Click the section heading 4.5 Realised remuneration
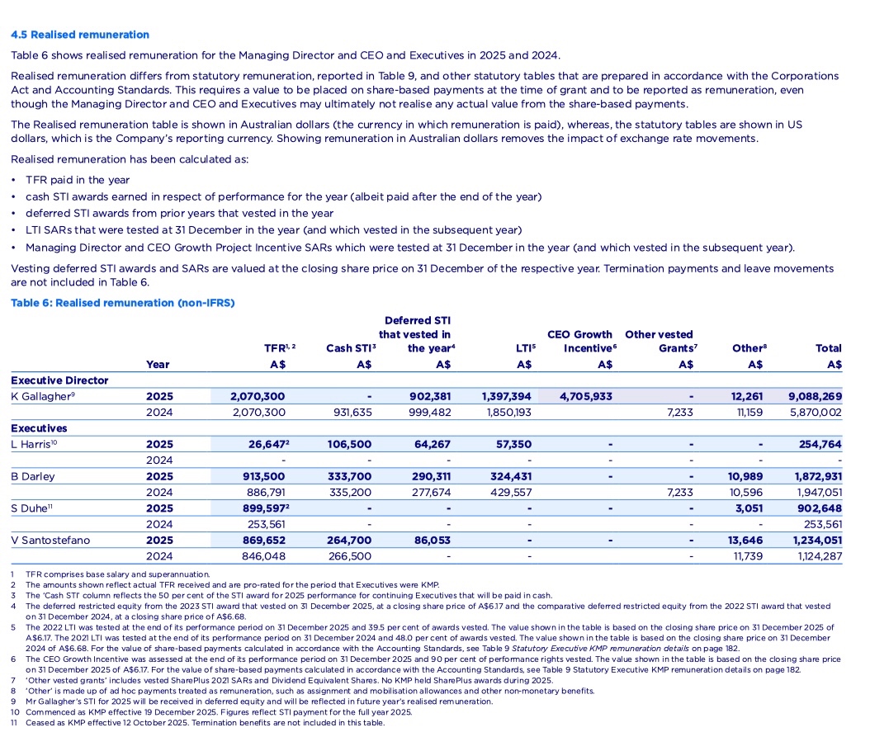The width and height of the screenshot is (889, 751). coord(80,35)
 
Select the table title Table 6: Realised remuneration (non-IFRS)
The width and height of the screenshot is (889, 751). coord(122,303)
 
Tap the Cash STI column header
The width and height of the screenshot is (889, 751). coord(351,348)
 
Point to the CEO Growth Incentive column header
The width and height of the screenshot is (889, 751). coord(579,341)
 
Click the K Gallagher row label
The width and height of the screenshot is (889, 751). coord(40,396)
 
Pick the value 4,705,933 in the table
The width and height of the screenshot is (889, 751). coord(586,396)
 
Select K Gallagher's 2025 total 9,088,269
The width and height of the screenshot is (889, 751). coord(815,396)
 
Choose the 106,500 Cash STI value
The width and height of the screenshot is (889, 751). coord(349,444)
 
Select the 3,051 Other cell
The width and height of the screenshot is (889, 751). coord(747,508)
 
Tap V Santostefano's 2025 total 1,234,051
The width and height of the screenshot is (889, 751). coord(817,541)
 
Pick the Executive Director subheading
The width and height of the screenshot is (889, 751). coord(59,380)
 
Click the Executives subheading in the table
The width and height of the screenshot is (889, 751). coord(39,428)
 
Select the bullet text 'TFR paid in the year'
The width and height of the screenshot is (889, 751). coord(78,180)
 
